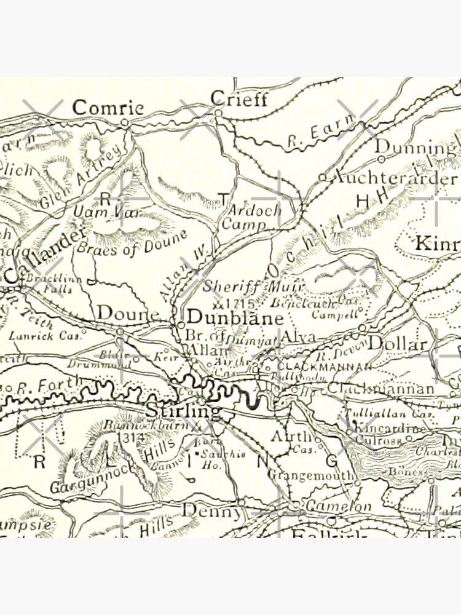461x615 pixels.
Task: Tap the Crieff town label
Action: [x=239, y=98]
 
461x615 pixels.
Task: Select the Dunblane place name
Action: [x=235, y=318]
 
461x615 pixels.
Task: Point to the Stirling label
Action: [x=183, y=411]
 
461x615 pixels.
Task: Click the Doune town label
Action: [x=128, y=313]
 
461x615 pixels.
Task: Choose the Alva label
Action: [x=298, y=337]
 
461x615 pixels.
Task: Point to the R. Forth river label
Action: [x=49, y=386]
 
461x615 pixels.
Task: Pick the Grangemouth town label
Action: [x=310, y=475]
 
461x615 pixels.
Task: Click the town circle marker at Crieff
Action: [x=218, y=113]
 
